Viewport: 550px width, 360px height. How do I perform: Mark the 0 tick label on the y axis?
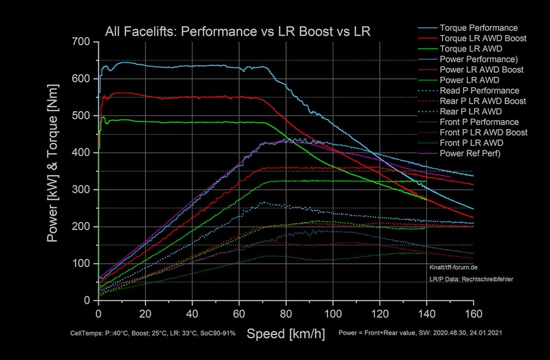pos(87,300)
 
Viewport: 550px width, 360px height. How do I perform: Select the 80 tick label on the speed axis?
pos(286,311)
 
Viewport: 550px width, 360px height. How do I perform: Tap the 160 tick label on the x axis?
pos(473,311)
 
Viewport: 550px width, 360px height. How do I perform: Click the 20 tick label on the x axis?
pos(146,311)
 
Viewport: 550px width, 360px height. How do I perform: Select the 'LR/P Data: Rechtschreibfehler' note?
pos(472,279)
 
